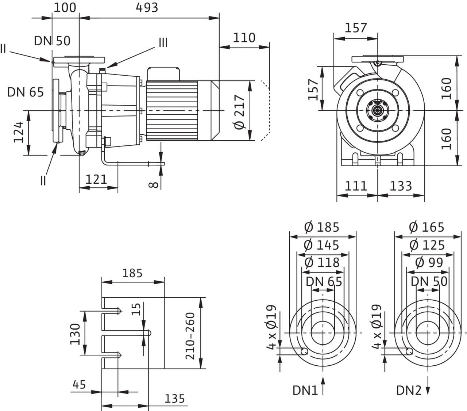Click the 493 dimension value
pos(147,8)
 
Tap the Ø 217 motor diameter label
pos(239,112)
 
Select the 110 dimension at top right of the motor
pos(244,38)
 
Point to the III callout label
pos(163,43)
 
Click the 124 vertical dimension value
pos(19,132)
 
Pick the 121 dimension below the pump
pos(96,179)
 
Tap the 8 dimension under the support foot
pos(154,184)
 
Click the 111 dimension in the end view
pos(356,186)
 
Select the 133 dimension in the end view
pos(401,186)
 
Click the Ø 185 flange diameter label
pos(321,227)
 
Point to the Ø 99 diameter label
pos(429,262)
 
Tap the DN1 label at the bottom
pos(305,391)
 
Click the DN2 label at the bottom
pos(409,391)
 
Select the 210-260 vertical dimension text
pos(190,336)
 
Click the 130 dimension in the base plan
pos(75,334)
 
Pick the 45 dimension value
pos(79,385)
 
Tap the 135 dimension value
pos(174,399)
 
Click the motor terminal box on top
pos(163,74)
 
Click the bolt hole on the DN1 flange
pos(305,351)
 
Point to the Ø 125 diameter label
pos(427,245)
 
